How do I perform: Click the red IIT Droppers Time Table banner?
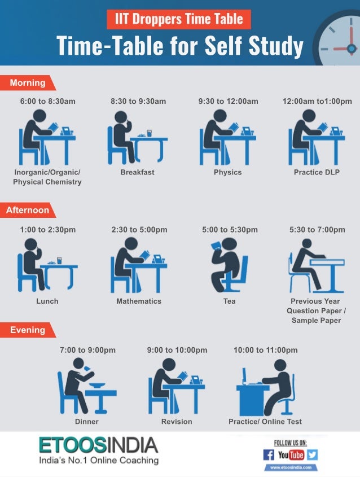(x=179, y=20)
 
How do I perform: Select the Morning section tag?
(x=27, y=83)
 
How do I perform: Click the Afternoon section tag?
(x=27, y=211)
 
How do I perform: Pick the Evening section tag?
(x=27, y=330)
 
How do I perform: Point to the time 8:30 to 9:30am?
(x=138, y=102)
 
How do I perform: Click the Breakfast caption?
(x=137, y=172)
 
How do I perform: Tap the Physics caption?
(x=227, y=172)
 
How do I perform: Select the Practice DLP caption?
(x=317, y=172)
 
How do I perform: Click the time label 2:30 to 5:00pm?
(x=139, y=230)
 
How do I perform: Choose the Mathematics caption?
(x=139, y=301)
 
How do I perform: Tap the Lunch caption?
(x=47, y=301)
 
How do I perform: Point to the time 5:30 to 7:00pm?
(x=317, y=230)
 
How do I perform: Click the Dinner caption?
(x=86, y=422)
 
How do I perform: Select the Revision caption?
(x=177, y=422)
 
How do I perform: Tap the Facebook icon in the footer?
(x=269, y=455)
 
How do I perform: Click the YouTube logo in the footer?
(x=291, y=455)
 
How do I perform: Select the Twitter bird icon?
(x=312, y=455)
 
